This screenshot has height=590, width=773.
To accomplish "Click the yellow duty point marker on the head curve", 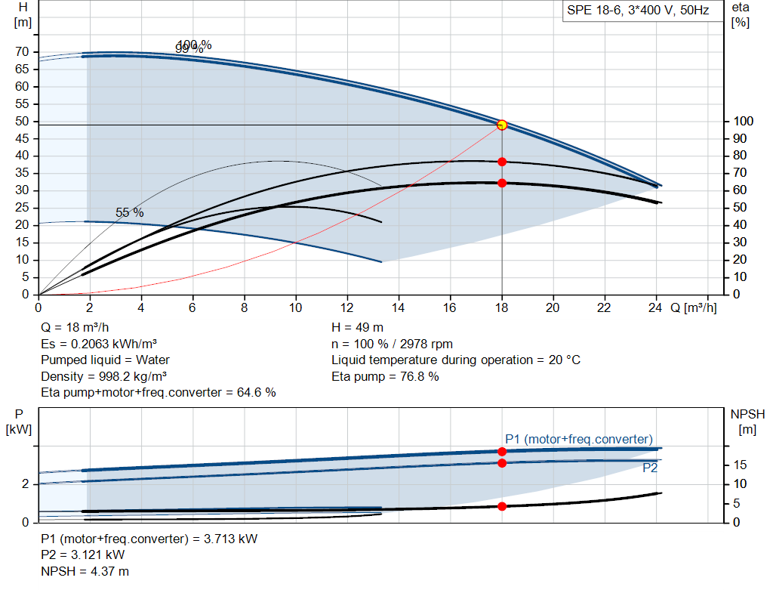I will pos(502,125).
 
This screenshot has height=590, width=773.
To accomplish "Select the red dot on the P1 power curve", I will pos(502,451).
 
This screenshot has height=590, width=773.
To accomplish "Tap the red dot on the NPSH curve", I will pos(502,506).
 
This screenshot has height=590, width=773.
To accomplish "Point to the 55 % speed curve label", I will pos(129,213).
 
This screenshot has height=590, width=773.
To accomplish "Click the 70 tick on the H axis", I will pos(22,52).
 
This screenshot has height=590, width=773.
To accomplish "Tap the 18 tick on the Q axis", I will pos(502,307).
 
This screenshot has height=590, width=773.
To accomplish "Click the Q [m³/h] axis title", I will pos(692,307).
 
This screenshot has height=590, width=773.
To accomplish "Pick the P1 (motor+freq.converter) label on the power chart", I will pos(579,439).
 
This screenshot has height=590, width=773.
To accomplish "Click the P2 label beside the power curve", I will pos(650,468).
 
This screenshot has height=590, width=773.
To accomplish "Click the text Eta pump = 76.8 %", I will pos(385,376).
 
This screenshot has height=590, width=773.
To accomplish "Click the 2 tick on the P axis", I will pos(26,484).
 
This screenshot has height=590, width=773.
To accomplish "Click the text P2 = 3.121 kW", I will pos(83,555).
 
